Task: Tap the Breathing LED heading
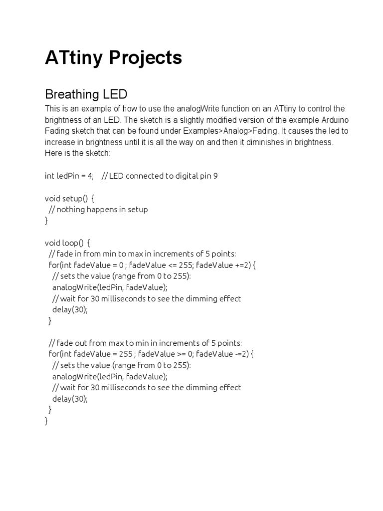[86, 94]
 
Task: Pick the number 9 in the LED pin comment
[215, 176]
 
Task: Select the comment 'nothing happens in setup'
[102, 209]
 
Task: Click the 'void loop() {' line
[67, 243]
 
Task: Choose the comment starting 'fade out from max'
[145, 343]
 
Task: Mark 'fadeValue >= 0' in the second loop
[165, 354]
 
